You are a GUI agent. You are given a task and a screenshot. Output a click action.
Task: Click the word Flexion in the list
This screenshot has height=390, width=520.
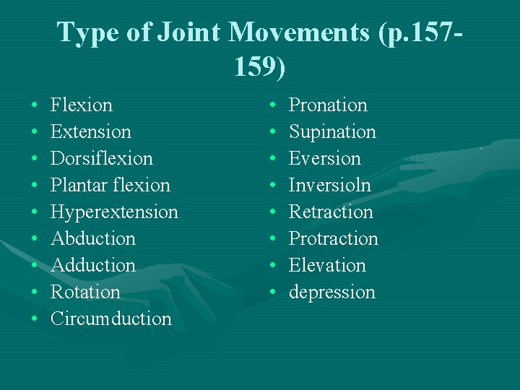(82, 105)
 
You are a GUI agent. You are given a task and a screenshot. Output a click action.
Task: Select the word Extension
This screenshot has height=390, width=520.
(91, 132)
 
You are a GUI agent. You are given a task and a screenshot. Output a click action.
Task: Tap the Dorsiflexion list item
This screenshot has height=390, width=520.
(102, 159)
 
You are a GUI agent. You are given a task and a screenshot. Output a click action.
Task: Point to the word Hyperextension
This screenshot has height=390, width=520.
(114, 212)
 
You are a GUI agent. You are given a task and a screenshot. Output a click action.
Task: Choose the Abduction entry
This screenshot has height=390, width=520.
(93, 239)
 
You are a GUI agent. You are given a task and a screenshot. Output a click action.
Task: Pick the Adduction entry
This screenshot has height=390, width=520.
(93, 266)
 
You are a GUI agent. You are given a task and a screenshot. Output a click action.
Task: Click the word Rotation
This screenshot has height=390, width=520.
(85, 292)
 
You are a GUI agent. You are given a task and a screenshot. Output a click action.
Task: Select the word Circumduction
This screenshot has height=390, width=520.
(111, 319)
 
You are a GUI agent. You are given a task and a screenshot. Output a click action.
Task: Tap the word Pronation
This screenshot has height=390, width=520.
(328, 105)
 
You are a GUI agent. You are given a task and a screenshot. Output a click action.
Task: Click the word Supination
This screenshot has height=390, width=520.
(332, 132)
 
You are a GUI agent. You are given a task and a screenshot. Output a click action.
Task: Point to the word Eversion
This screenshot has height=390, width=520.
(324, 159)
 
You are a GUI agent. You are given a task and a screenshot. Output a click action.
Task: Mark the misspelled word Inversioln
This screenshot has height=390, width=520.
(329, 186)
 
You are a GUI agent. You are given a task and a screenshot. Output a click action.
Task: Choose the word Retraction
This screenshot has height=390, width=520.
(331, 212)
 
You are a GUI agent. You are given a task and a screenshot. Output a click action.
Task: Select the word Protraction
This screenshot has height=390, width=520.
(333, 239)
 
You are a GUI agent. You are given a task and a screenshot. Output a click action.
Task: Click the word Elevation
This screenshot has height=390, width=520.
(327, 266)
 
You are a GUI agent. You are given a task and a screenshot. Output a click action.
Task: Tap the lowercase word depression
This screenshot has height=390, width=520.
(332, 292)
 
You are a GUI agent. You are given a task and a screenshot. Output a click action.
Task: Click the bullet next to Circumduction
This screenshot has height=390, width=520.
(35, 319)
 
